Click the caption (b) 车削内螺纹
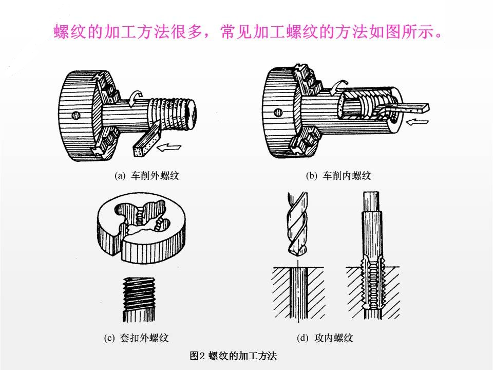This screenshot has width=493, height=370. point(338,176)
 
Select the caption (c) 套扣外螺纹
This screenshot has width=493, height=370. point(136,338)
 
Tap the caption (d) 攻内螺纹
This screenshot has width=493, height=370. point(325,338)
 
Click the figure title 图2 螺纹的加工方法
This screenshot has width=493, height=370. point(233,355)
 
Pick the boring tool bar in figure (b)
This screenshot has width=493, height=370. point(406,107)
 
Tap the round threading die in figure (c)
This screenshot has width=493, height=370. point(141,228)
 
